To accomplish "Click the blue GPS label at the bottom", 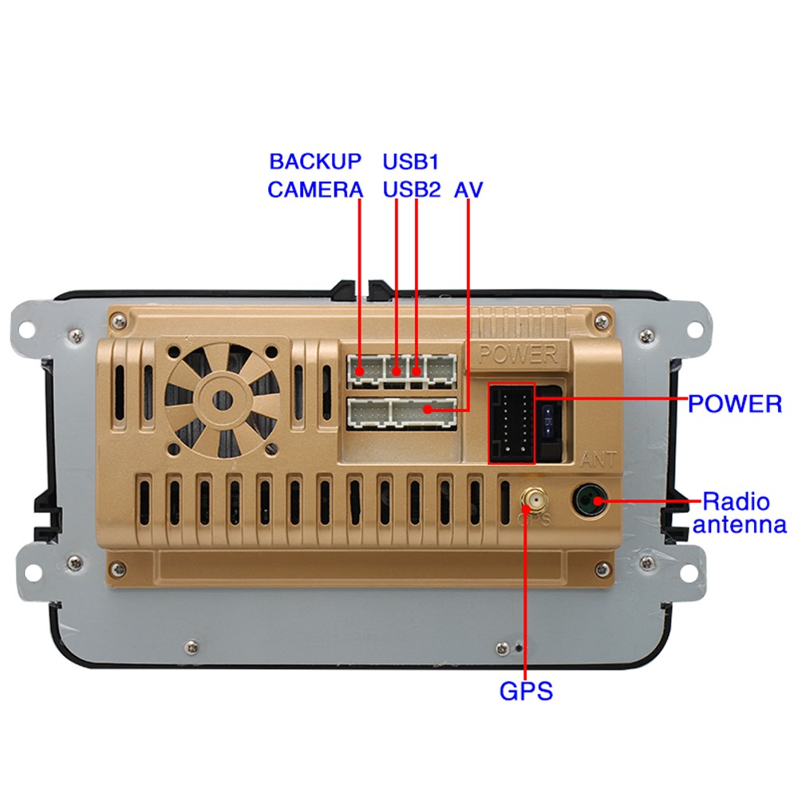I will [x=526, y=690].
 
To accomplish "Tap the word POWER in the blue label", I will [x=734, y=403].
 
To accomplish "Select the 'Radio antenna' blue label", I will [x=739, y=513].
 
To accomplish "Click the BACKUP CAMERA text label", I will [x=314, y=176].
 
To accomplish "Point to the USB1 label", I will [x=411, y=161].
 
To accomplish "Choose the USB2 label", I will [x=411, y=190].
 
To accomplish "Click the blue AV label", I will [x=468, y=190].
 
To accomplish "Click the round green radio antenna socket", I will [x=590, y=500].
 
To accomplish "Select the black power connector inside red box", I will [x=511, y=423].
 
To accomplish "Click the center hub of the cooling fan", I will [x=223, y=399].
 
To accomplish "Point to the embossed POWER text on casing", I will [x=517, y=354].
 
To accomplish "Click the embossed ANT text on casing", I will [x=598, y=460].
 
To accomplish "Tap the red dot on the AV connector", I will [x=429, y=410].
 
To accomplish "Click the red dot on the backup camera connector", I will [x=361, y=371].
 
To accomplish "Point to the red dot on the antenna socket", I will [x=596, y=500].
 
